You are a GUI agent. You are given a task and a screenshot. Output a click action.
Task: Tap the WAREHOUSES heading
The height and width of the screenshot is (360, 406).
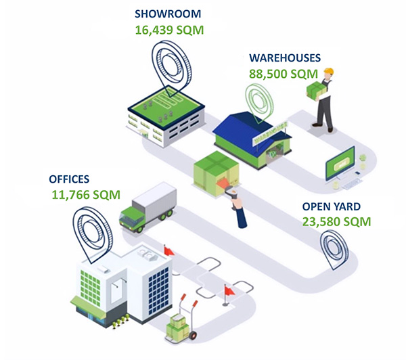284,58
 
